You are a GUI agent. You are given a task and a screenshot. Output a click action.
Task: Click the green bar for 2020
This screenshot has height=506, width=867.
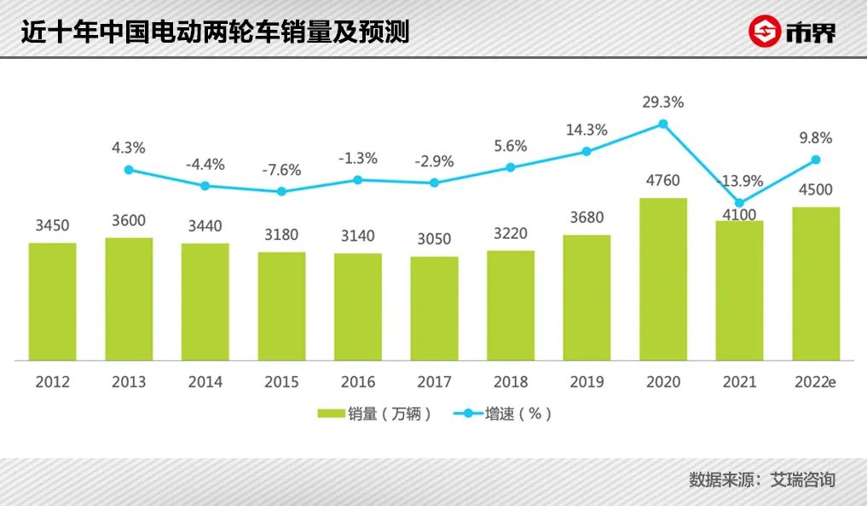[x=663, y=279]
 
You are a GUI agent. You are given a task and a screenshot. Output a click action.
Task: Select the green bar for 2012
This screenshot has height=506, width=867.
[x=52, y=301]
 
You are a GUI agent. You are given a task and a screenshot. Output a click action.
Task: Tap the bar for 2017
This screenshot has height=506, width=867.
[x=434, y=308]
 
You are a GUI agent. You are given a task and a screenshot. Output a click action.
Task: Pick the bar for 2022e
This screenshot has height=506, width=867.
[x=816, y=283]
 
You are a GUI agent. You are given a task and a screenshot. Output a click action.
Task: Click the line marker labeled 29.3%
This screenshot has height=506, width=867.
[x=663, y=124]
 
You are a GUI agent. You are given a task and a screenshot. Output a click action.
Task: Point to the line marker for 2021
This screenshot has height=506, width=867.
[x=739, y=203]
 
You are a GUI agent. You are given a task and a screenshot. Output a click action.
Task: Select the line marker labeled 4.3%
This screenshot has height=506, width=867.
[x=129, y=170]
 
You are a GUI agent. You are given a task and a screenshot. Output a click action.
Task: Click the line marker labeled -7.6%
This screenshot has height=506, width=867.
[x=281, y=191]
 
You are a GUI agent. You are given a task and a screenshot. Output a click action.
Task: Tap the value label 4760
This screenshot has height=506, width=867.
[x=663, y=181]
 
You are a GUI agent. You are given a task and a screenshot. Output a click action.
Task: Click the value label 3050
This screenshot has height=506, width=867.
[x=434, y=239]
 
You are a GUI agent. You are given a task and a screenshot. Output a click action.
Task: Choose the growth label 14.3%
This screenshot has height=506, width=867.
[x=587, y=130]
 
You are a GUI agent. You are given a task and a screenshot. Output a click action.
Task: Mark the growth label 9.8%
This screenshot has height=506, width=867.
[x=816, y=137]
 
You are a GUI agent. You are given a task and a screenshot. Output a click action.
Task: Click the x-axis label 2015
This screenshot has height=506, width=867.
[x=281, y=381]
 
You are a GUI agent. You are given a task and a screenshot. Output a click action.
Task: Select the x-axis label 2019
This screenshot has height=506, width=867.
[x=587, y=381]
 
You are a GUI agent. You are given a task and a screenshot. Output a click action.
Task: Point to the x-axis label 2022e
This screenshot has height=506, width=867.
[x=816, y=381]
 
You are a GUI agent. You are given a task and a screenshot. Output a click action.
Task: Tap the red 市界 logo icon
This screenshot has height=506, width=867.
[x=765, y=32]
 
